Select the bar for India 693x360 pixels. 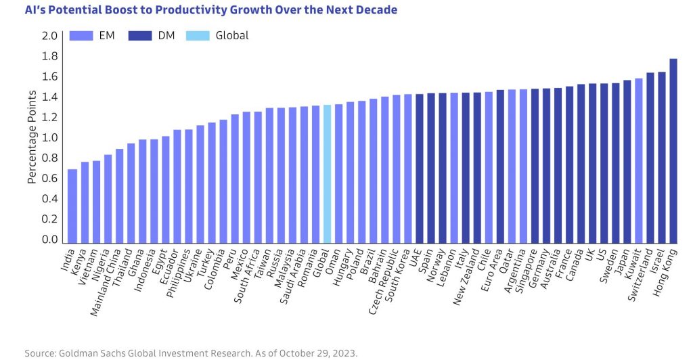[x=72, y=206]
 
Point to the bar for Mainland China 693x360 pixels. [x=119, y=196]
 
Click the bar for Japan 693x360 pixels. [x=627, y=162]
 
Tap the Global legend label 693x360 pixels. [x=232, y=35]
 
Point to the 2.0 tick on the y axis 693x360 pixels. [x=49, y=36]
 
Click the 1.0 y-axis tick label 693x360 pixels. [x=49, y=138]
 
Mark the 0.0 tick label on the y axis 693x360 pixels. [x=49, y=240]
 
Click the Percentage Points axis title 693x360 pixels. [x=32, y=138]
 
